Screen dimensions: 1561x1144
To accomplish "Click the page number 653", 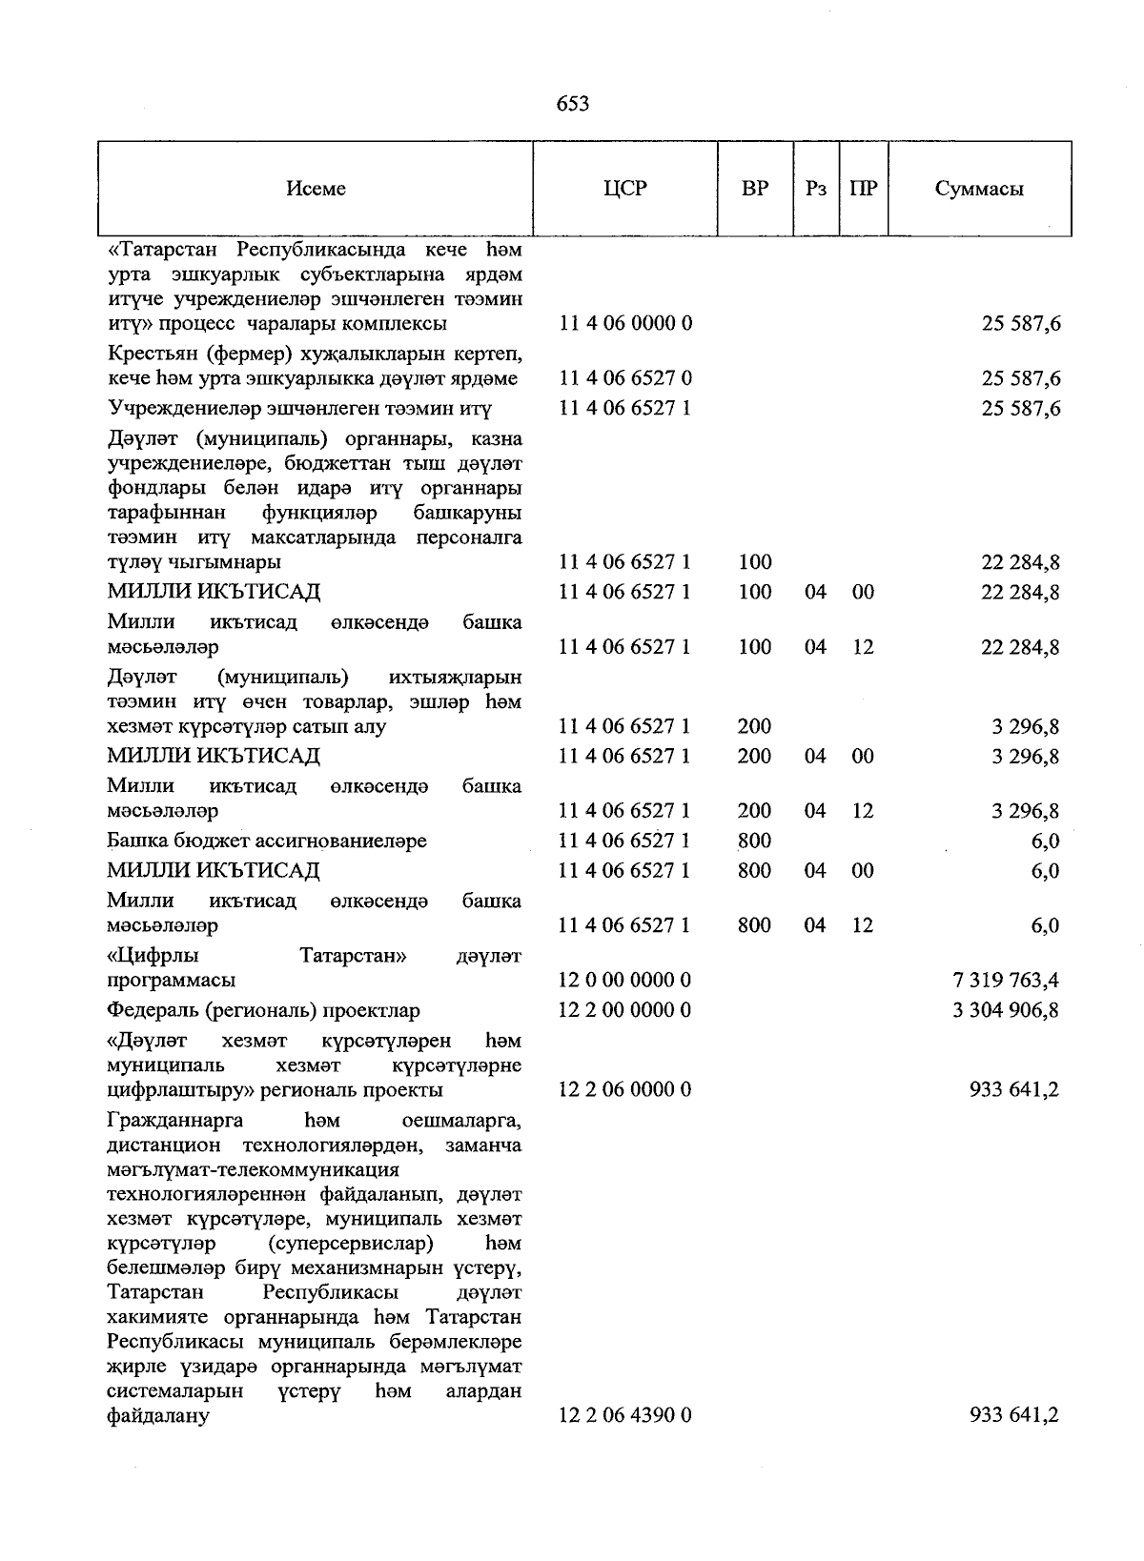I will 572,104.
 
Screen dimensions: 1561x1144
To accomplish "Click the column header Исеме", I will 316,189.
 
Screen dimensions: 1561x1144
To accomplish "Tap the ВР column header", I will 754,189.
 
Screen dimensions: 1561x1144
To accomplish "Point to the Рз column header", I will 814,189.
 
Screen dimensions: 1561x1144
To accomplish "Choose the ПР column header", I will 863,189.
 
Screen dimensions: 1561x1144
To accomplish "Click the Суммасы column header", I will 979,189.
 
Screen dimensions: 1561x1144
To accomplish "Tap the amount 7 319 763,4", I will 1005,981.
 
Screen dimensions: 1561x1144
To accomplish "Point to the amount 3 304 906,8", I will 1005,1010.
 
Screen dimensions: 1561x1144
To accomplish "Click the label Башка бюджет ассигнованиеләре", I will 267,841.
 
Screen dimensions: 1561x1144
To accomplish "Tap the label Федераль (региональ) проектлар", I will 263,1010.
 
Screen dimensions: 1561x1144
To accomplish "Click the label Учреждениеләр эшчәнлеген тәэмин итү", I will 299,409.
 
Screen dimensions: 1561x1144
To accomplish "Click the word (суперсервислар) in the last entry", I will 350,1244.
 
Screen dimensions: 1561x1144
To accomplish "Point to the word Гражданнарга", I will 175,1119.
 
